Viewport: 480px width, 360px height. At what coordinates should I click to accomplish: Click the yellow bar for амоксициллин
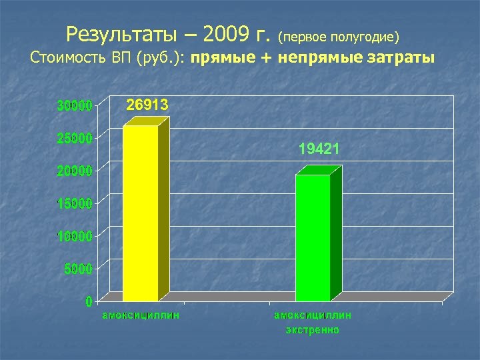141,213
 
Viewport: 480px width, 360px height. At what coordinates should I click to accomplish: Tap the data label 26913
148,105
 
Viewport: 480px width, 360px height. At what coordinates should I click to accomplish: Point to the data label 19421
319,150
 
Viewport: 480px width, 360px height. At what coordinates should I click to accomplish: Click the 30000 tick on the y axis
74,105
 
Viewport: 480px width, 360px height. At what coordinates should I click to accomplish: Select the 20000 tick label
74,171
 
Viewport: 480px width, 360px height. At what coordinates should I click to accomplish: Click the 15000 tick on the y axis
74,203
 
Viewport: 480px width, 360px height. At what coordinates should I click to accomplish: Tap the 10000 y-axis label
74,236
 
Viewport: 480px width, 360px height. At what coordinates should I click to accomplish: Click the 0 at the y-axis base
89,301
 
